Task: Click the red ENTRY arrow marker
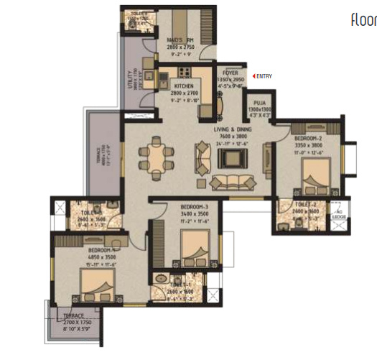[x=253, y=75]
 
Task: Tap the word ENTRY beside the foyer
[x=264, y=75]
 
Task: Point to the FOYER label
[x=231, y=73]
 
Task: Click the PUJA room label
[x=257, y=103]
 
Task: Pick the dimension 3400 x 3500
[x=194, y=213]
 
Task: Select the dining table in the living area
[x=156, y=154]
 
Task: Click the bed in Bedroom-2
[x=314, y=176]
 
